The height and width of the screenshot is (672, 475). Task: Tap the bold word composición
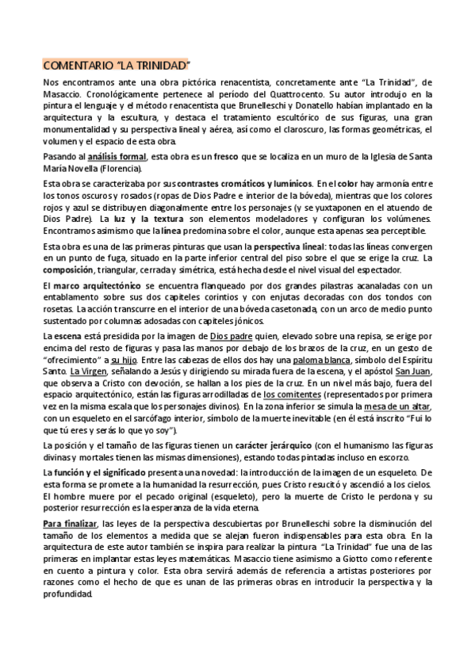click(x=68, y=269)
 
